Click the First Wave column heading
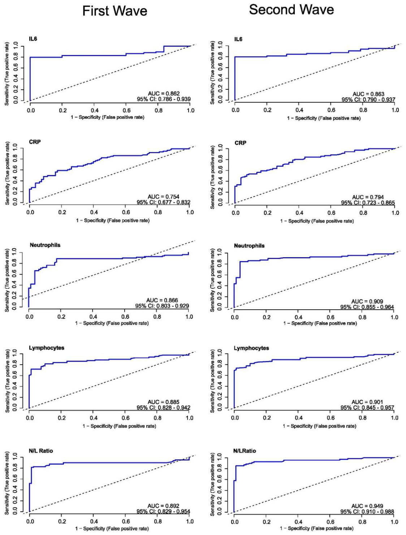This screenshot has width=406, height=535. (115, 11)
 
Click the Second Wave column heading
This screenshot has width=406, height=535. (291, 10)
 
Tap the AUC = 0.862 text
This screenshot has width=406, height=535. (164, 93)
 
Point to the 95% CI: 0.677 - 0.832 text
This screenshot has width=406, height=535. (163, 202)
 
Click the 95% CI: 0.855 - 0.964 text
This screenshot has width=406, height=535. (367, 307)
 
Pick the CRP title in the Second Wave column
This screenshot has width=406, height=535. (240, 143)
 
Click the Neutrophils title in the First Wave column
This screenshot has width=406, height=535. (45, 245)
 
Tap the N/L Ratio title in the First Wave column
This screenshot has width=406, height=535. (41, 451)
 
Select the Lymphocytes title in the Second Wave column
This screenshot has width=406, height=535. (251, 348)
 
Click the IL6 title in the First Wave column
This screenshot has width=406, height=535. (33, 39)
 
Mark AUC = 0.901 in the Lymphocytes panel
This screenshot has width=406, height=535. (367, 402)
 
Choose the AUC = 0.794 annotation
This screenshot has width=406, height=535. (368, 197)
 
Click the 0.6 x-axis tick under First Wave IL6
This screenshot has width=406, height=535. (126, 110)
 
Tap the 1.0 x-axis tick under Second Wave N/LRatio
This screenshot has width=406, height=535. (394, 522)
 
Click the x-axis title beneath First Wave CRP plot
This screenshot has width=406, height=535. (113, 220)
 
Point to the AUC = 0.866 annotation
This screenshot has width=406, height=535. (162, 300)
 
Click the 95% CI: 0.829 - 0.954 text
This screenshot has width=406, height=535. (163, 511)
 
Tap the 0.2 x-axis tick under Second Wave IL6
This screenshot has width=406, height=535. (267, 110)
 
